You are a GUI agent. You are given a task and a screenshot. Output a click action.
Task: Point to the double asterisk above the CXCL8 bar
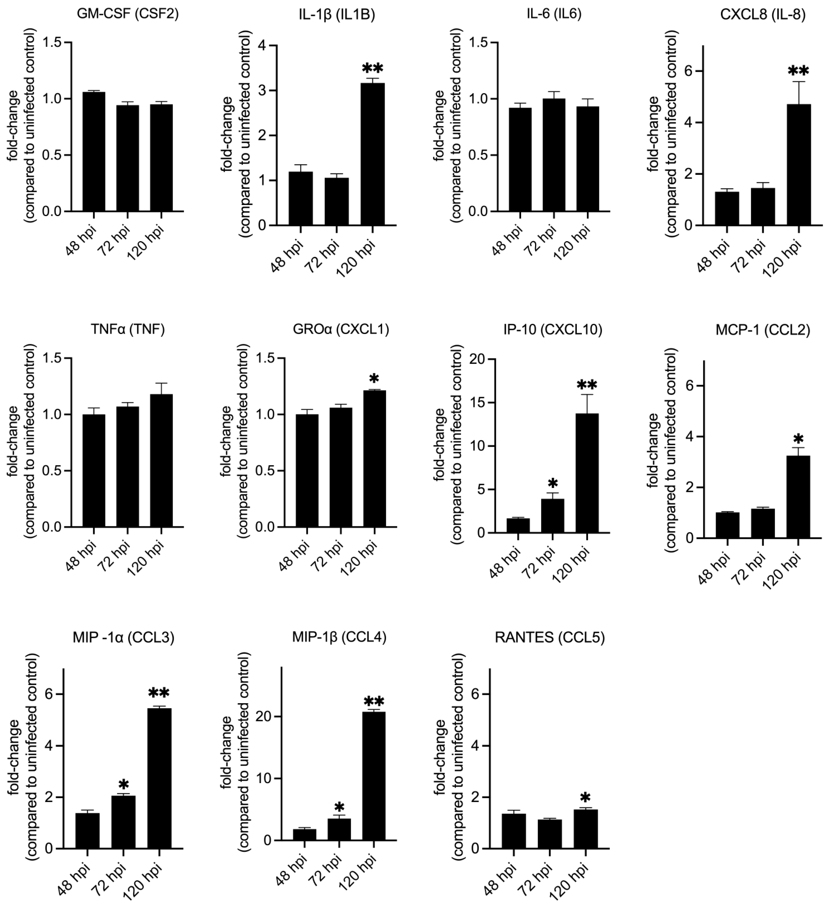pos(799,71)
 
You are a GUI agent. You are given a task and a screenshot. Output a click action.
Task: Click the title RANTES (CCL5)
pos(550,637)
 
